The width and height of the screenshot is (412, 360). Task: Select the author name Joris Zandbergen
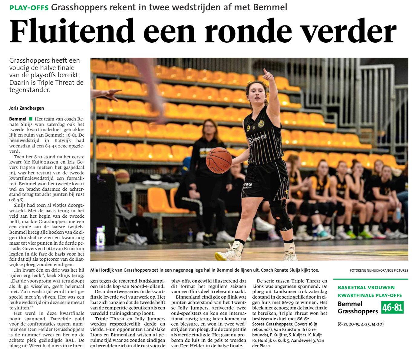click(x=27, y=108)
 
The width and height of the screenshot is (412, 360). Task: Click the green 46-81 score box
click(x=392, y=308)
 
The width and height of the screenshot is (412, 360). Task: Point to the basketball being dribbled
click(x=219, y=160)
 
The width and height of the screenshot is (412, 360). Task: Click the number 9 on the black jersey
click(x=248, y=128)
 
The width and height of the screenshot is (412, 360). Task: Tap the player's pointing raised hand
click(x=268, y=75)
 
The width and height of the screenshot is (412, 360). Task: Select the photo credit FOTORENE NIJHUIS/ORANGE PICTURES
click(x=379, y=270)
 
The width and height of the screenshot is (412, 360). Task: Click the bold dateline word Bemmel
click(x=18, y=119)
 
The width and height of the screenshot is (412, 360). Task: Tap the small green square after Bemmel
click(x=30, y=119)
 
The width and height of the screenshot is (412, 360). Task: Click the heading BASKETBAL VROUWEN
click(x=366, y=287)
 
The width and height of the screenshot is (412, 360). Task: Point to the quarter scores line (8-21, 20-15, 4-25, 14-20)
click(x=361, y=324)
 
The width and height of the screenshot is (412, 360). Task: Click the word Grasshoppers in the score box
click(x=358, y=311)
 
